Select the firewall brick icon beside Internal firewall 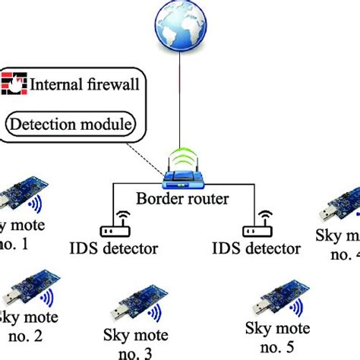tap(14, 83)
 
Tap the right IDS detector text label tap(256, 248)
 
